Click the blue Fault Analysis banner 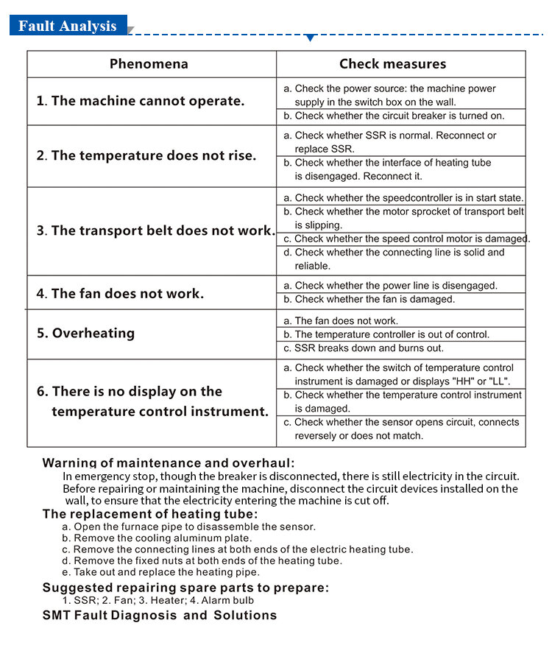[68, 26]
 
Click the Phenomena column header [149, 64]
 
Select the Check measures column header [392, 64]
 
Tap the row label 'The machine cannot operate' [141, 101]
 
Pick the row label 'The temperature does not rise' [146, 155]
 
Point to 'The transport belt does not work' [155, 230]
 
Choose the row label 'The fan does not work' [121, 293]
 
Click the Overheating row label [86, 333]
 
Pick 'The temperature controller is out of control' [386, 334]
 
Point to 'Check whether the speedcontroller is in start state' [403, 198]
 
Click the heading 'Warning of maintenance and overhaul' [169, 463]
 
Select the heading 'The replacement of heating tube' [150, 514]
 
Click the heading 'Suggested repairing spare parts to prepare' [185, 587]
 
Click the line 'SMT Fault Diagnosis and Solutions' [160, 615]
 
